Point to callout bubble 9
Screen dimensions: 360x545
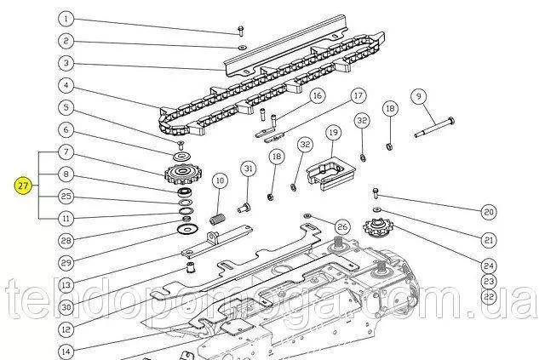pos(418,96)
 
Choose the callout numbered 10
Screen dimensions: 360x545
pos(219,180)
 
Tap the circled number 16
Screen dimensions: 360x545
pos(294,96)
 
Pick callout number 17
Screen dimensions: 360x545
pos(358,96)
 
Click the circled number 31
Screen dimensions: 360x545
pos(248,169)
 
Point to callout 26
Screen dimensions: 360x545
pos(341,226)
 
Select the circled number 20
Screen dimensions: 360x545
pos(488,211)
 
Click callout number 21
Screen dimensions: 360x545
pos(488,239)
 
